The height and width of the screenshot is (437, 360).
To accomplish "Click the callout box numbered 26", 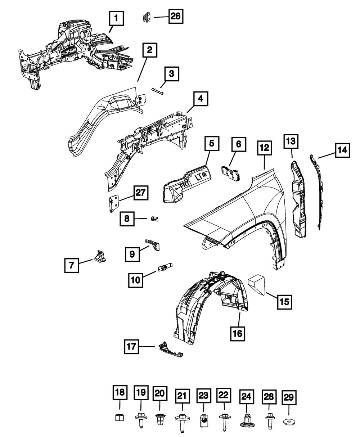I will click(x=176, y=16).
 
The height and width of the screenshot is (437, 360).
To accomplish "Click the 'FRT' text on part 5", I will click(x=182, y=186).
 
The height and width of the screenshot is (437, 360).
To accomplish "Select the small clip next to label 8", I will click(x=155, y=218).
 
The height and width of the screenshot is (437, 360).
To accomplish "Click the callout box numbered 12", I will click(x=265, y=148).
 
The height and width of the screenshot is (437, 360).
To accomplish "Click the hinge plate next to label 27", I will click(x=113, y=203).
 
